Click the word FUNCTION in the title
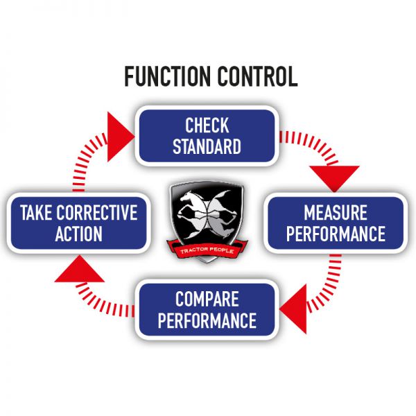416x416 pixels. point(166,76)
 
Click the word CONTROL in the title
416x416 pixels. point(254,76)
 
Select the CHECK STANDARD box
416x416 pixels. point(207,136)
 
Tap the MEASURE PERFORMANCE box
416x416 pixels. point(336,223)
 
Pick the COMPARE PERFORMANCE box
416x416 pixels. point(206,310)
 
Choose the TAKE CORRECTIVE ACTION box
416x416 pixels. point(78,223)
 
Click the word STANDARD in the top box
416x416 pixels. point(207,147)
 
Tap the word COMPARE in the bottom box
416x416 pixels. point(207,300)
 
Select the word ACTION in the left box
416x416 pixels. point(78,234)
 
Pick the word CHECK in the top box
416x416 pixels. point(207,125)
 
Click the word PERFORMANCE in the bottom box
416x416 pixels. point(207,321)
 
